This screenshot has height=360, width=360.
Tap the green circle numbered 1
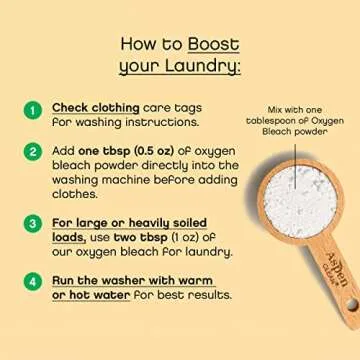pos(32,111)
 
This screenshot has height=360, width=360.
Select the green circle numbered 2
pos(32,152)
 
